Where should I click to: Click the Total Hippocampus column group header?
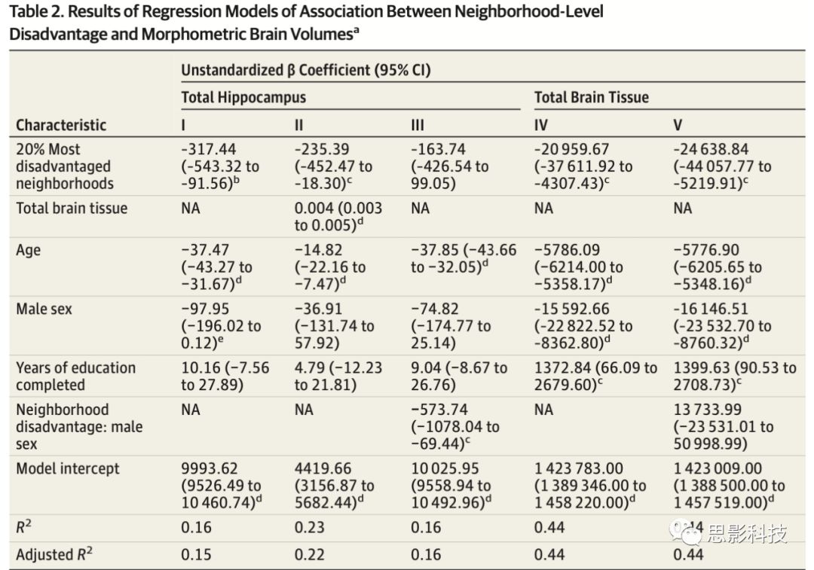(243, 97)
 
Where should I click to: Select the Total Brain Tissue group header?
(591, 97)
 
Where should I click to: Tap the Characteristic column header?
(61, 125)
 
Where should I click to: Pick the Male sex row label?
(44, 309)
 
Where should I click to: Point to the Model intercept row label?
(68, 468)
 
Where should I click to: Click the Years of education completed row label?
(76, 376)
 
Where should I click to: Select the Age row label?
(29, 250)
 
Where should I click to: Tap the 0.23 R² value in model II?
(310, 527)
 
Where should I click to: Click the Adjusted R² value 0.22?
(310, 555)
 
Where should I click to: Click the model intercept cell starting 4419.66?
(335, 485)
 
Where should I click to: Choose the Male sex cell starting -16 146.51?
(722, 326)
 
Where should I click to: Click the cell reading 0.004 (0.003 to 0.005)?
(338, 217)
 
